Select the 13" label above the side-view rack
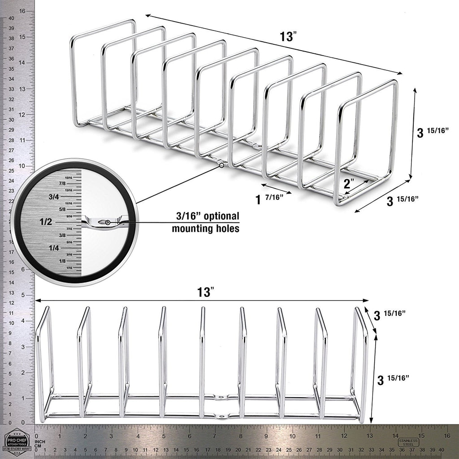click(204, 292)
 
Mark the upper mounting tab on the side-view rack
click(220, 397)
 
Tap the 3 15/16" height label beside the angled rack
click(431, 133)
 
